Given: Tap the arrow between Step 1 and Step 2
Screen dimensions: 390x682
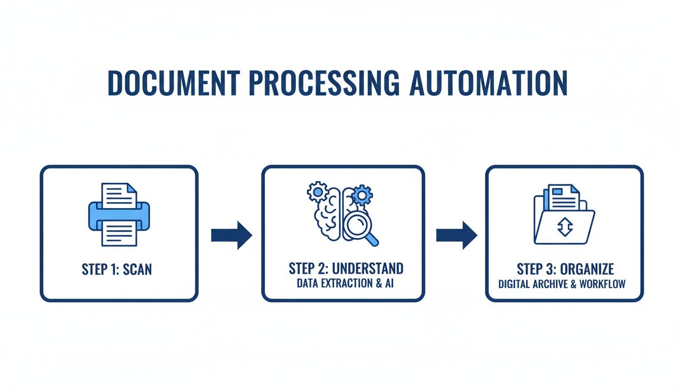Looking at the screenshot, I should (231, 235).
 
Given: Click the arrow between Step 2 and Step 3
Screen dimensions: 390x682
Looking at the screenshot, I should (456, 235).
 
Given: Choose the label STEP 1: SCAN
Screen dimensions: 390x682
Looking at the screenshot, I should (117, 269).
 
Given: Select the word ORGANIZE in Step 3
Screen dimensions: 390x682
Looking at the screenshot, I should (589, 269).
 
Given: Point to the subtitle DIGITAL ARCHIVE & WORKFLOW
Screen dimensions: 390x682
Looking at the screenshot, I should (562, 284).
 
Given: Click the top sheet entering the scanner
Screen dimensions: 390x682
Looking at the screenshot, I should (119, 195).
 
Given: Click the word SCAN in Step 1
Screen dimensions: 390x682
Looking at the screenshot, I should (137, 269).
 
